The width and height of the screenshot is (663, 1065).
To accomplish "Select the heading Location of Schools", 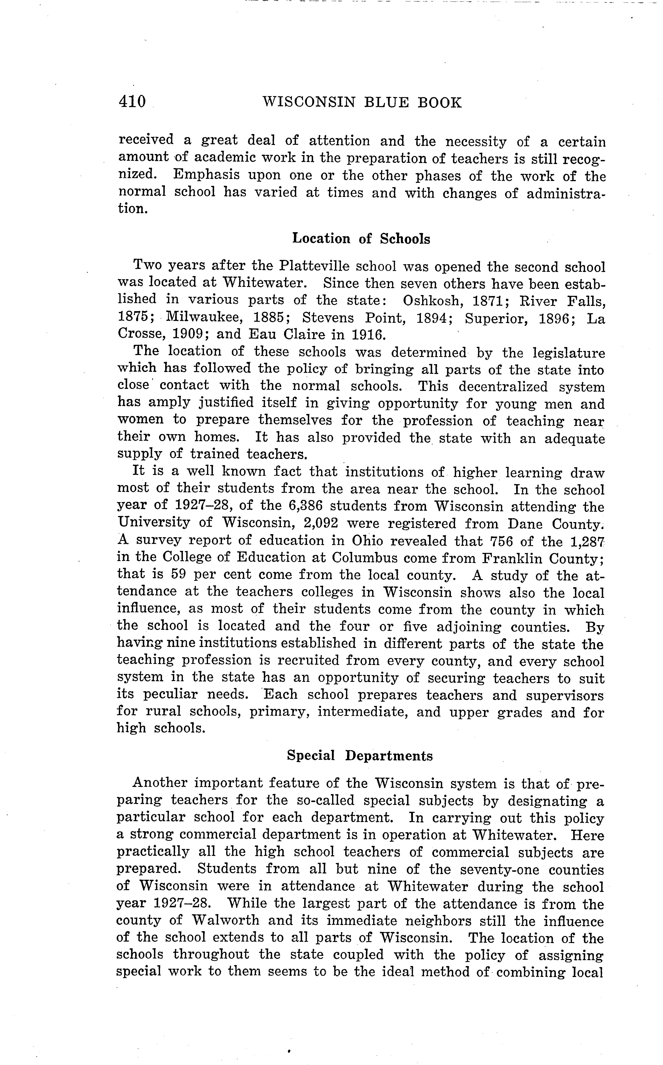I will [x=361, y=239].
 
